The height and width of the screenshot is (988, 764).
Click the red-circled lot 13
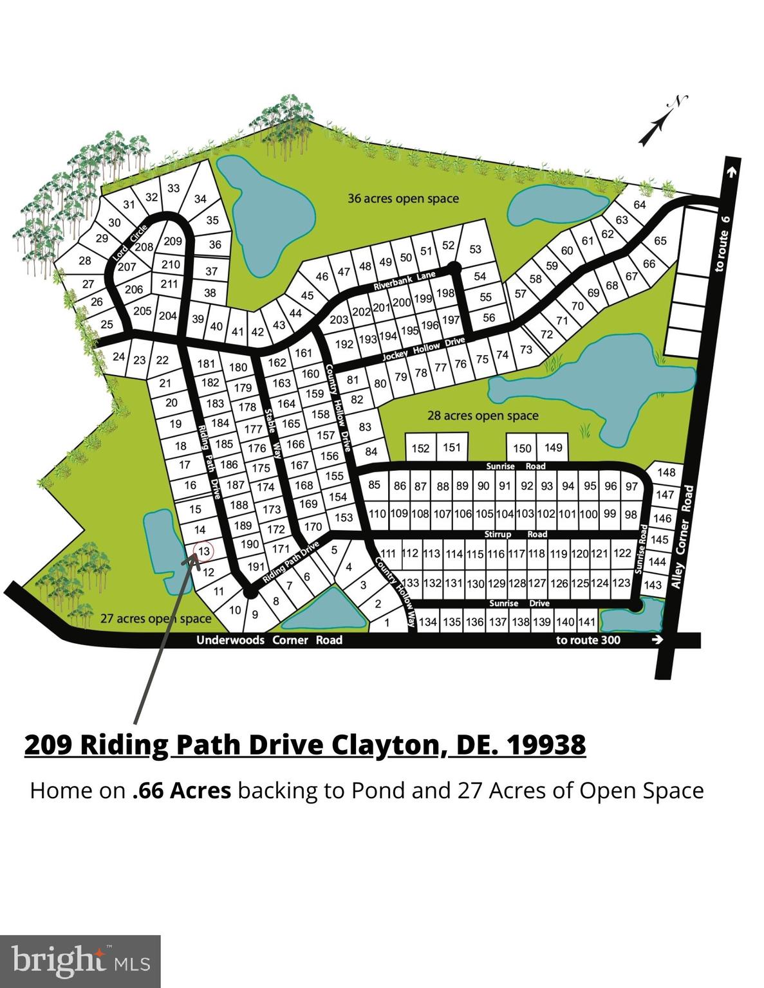203,551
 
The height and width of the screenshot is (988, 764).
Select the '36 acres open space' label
403,199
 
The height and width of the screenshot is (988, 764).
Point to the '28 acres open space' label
483,416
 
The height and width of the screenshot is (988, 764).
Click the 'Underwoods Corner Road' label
269,640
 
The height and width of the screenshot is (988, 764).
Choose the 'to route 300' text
610,640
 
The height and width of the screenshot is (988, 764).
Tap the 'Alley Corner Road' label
682,536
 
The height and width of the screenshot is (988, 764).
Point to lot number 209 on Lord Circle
172,242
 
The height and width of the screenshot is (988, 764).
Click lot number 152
420,448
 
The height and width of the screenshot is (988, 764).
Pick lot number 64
639,205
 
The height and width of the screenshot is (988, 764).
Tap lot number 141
586,621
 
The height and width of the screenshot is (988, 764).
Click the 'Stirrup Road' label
516,535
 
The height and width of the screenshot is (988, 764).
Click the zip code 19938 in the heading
546,745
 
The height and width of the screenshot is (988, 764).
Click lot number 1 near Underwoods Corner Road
387,623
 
